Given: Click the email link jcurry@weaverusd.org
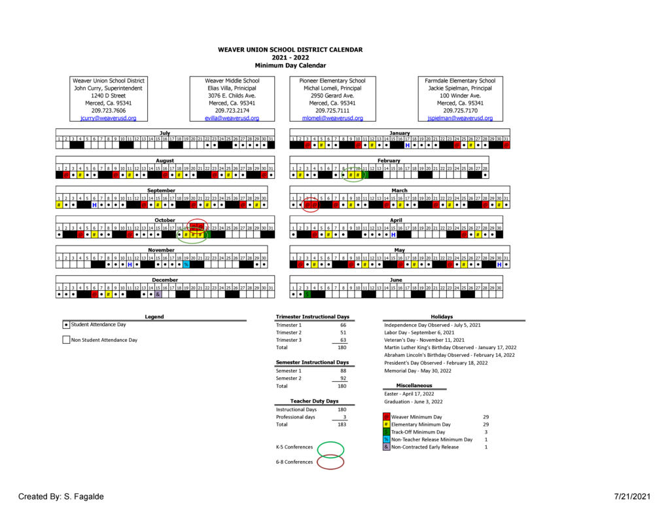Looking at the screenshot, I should coord(108,119).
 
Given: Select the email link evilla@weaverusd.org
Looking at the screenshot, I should coord(232,119).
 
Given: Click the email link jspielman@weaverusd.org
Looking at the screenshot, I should coord(460,119).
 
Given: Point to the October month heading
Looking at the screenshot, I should coord(165,220).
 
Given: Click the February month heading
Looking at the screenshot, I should coord(389,160).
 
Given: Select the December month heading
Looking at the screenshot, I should coord(165,280).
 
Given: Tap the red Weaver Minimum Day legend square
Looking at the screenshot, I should coord(386,416).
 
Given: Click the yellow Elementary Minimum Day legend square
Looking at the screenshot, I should coord(386,424).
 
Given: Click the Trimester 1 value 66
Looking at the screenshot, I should coord(343,325).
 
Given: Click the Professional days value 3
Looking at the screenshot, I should coord(344,417).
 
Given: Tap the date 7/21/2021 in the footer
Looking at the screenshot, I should coord(633,496).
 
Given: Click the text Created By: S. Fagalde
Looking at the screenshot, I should coord(61,496).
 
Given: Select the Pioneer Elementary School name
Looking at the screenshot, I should coord(332,81).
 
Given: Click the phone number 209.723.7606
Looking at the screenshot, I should coord(108,111).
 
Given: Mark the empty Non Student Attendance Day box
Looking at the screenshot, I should coord(66,340).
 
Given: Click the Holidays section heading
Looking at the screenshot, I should coord(442,317).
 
